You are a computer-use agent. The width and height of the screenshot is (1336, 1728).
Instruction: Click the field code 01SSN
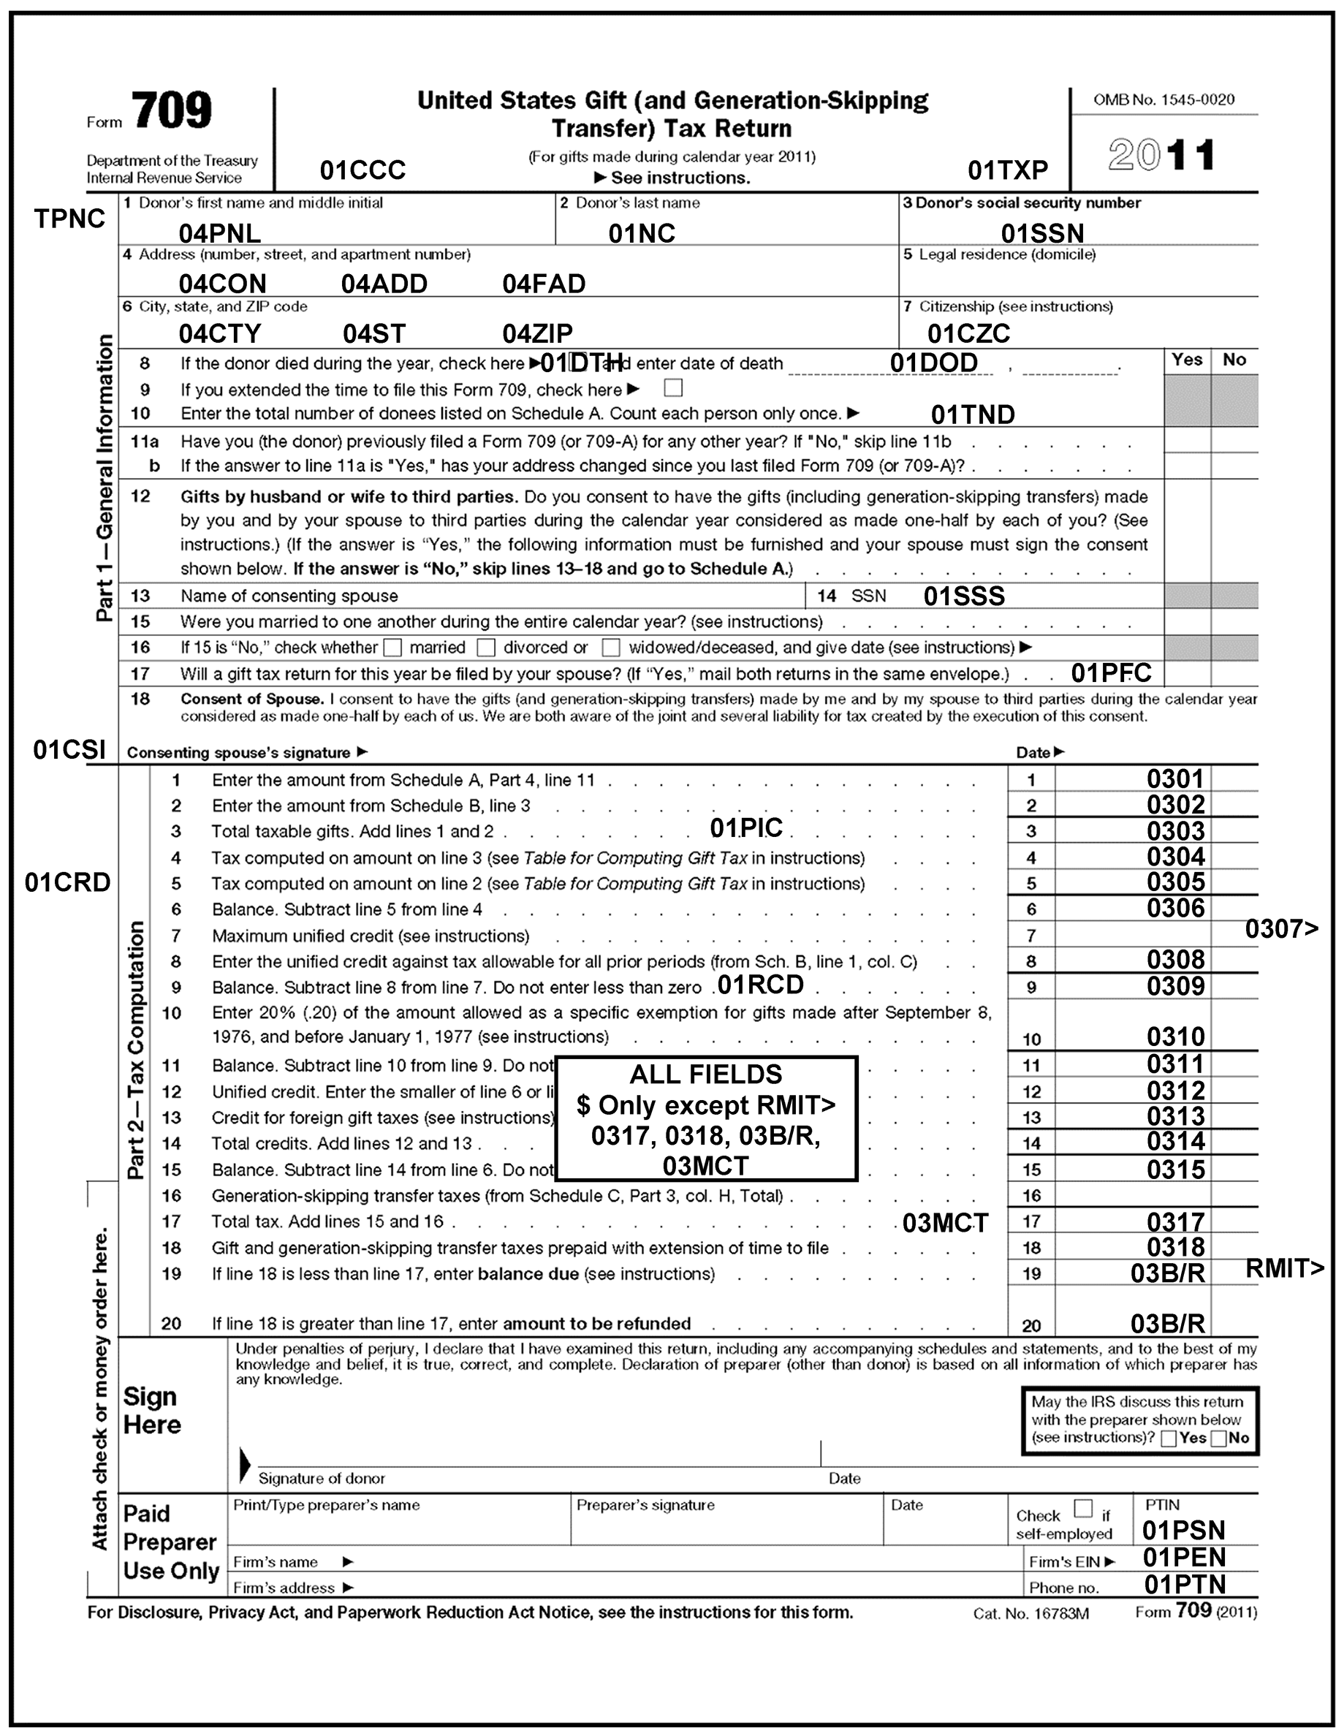1041,233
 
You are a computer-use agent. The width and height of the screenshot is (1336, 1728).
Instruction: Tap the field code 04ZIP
537,334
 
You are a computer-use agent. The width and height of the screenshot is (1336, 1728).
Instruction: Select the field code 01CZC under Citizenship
968,334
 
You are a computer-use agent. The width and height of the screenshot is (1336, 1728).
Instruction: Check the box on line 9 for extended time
673,387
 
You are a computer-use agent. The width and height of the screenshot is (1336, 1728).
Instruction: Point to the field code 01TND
972,414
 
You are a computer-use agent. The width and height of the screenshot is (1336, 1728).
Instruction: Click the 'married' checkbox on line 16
392,648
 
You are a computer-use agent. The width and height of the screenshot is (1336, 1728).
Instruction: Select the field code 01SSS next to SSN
963,596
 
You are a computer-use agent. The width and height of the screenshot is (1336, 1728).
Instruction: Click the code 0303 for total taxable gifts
1175,831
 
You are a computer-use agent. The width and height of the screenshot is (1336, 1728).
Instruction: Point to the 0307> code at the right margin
1281,928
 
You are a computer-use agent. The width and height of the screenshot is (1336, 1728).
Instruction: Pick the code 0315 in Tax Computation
1175,1170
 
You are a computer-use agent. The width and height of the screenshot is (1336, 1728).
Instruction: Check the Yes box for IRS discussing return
1169,1439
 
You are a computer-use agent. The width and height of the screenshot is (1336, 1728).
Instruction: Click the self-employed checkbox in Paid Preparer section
1083,1508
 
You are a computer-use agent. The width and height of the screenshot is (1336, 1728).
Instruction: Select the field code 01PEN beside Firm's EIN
1183,1557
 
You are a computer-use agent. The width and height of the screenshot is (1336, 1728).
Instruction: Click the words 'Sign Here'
152,1411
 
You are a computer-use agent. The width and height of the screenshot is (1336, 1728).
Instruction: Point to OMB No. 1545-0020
1164,99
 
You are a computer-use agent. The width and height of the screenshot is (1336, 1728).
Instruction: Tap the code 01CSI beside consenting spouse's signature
69,750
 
